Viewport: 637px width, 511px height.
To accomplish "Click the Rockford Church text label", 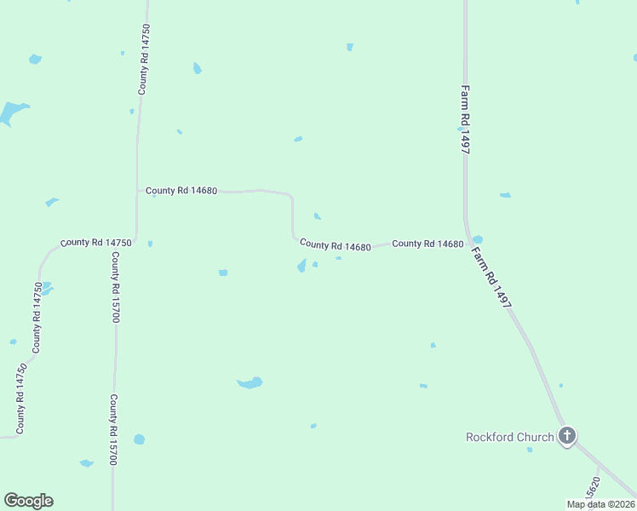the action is (509, 438).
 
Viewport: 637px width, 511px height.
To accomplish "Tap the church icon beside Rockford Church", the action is (567, 437).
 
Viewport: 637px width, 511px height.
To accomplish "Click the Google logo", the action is (28, 501).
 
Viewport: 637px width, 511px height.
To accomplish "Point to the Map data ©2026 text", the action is (601, 504).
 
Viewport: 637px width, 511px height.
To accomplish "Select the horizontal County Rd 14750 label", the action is (95, 243).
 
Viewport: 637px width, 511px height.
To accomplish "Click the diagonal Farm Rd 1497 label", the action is (491, 278).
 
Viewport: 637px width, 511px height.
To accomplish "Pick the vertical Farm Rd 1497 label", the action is (466, 118).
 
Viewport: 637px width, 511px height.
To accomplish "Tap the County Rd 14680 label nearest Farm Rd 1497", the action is (428, 244).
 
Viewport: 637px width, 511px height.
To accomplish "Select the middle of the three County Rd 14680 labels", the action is (335, 245).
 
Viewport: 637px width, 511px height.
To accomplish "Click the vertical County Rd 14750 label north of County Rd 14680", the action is (146, 59).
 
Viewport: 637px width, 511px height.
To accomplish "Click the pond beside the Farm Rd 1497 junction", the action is (478, 239).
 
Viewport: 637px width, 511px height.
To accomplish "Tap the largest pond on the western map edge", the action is (12, 112).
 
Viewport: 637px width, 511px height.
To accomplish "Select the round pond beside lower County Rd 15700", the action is (139, 439).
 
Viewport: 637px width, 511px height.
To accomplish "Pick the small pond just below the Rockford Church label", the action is (530, 450).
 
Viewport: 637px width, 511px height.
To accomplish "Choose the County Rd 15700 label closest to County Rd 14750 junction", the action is (115, 288).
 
